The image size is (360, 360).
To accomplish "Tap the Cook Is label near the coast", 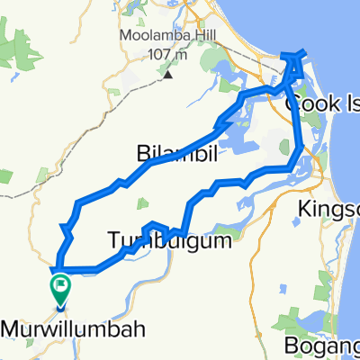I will coord(320,104).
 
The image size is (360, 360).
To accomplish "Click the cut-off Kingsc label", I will coord(328,216).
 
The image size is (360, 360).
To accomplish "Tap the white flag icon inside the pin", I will coord(61,286).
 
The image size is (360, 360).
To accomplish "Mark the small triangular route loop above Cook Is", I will coord(294,63).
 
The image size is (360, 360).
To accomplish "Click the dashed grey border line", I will coord(18,191).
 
